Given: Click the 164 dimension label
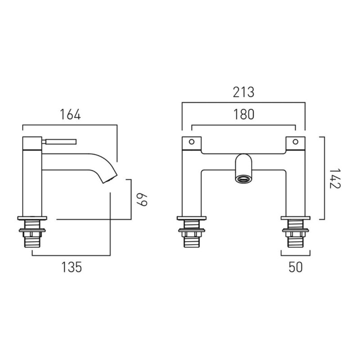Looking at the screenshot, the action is [70, 114].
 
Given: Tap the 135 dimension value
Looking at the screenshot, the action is [72, 267].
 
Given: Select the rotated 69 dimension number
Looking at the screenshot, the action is [142, 200].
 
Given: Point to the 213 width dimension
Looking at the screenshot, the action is [243, 92].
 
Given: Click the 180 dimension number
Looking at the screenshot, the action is [244, 114].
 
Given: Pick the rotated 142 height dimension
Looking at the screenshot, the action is [335, 178].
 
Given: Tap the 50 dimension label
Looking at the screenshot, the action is [296, 267].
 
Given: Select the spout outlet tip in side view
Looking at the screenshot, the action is [110, 180].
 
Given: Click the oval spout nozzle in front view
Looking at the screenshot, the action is [243, 179].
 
